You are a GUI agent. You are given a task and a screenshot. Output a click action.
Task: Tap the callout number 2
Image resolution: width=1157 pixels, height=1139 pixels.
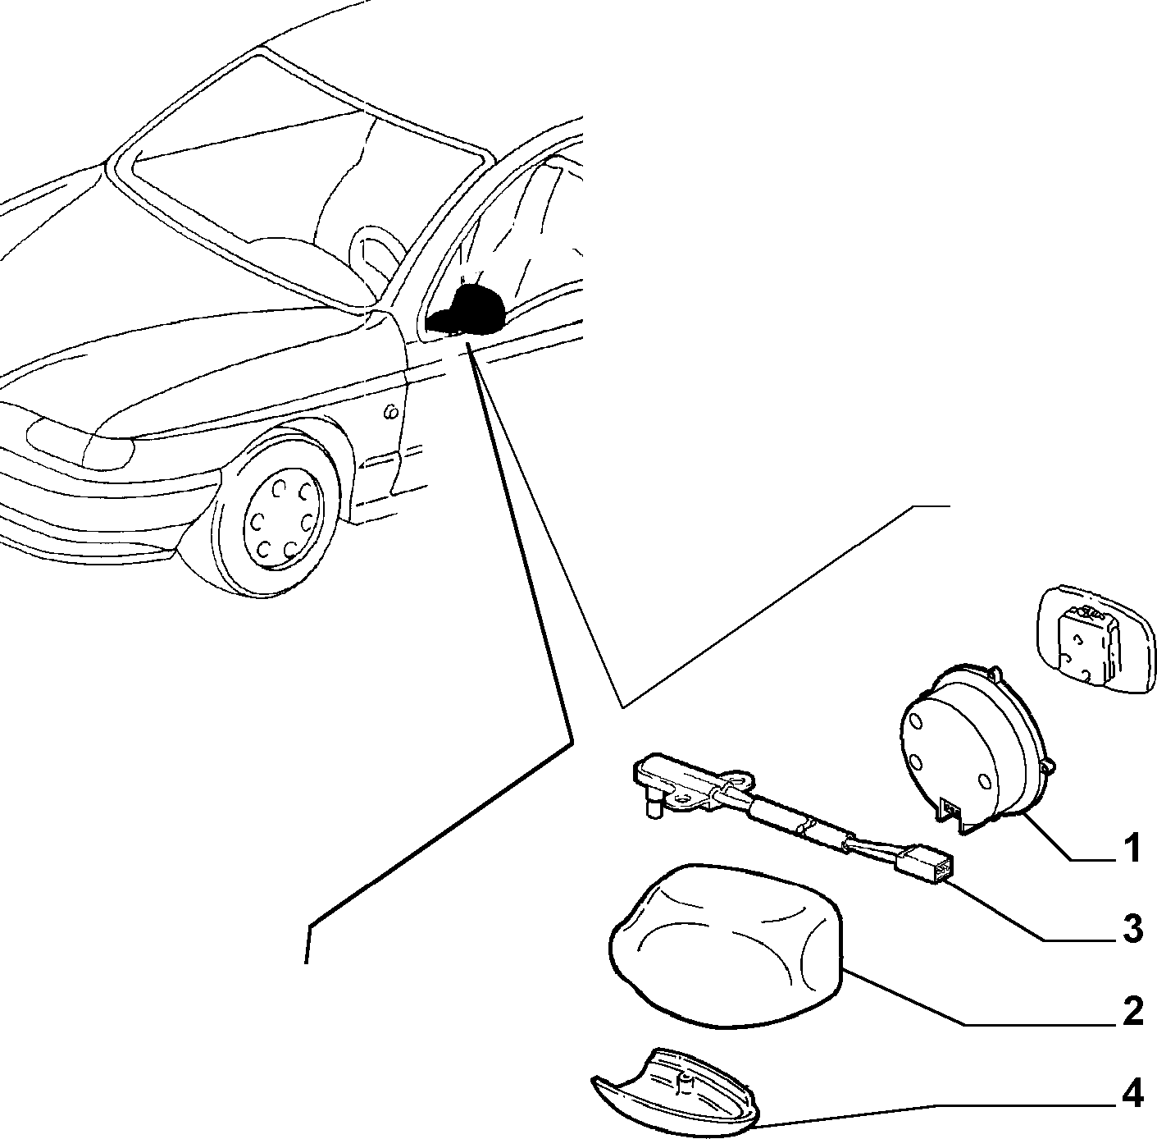1132,1011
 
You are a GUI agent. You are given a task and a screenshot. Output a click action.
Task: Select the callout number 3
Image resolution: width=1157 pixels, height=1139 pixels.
1132,929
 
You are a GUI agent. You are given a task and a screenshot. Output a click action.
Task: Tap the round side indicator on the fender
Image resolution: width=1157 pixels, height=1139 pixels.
391,412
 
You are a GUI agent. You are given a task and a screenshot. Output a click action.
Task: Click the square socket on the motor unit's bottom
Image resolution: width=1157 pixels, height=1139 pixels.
951,809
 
